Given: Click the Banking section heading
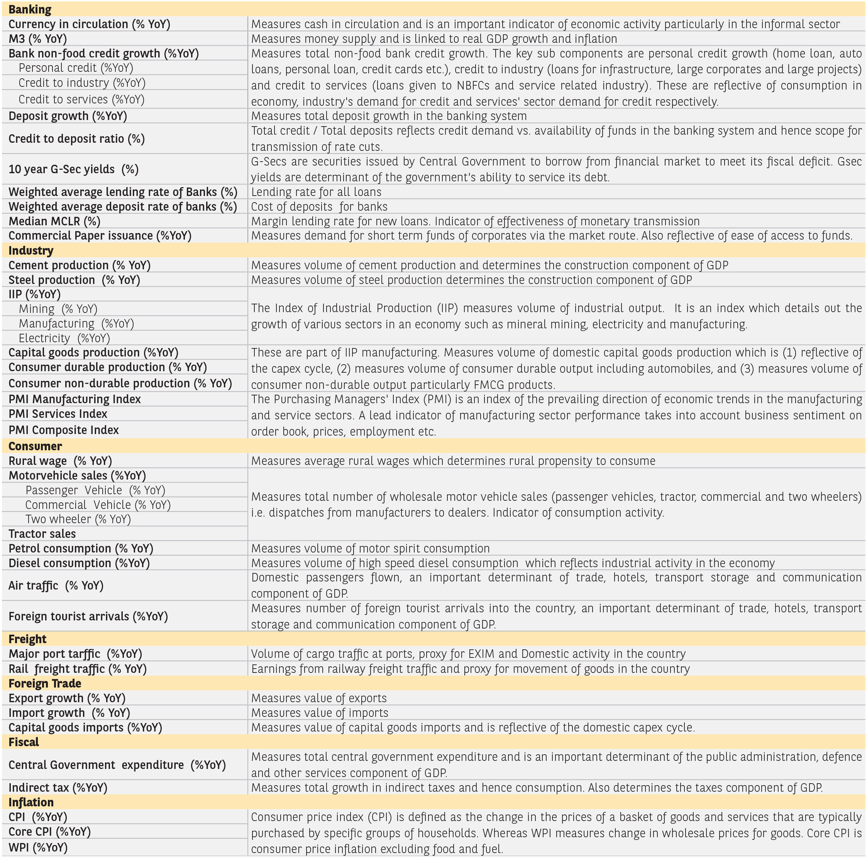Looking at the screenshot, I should [x=30, y=9].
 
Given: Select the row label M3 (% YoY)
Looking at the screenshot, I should [x=38, y=39].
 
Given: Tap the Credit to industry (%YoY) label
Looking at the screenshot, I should [x=82, y=83].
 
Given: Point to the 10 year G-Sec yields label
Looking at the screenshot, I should [x=73, y=169].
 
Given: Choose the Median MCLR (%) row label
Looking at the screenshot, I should [x=54, y=221].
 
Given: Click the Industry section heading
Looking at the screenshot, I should [x=30, y=250].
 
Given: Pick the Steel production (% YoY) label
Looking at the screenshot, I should [x=74, y=280].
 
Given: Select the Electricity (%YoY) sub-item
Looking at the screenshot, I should [x=64, y=338].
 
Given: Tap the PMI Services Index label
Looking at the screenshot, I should [x=58, y=414].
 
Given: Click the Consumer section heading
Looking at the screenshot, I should [x=35, y=446].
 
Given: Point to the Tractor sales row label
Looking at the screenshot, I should [x=42, y=534].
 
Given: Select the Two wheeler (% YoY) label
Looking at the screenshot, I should [x=78, y=519].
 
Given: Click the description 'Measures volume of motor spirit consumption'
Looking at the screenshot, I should [x=370, y=548].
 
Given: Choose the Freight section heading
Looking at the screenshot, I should [x=27, y=639].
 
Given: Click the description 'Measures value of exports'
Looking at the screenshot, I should [x=318, y=698].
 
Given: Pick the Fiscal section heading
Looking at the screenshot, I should [x=24, y=742].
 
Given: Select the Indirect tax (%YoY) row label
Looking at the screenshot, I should [x=58, y=788].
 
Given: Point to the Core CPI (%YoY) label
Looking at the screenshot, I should [x=49, y=832].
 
